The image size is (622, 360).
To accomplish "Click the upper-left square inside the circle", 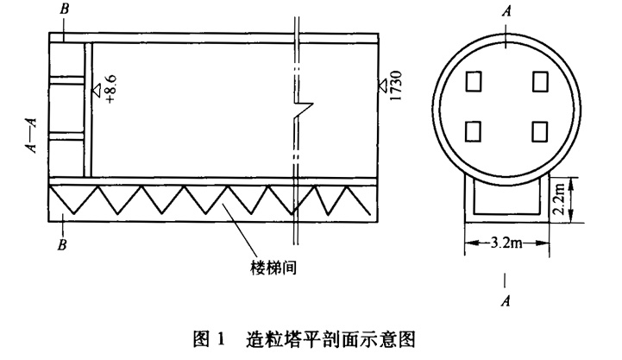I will pos(473,81).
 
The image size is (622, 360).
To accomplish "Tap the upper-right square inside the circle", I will pos(540,81).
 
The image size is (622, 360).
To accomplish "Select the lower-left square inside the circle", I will pos(473,130).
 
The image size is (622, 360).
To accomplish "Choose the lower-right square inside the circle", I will pos(540,130).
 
